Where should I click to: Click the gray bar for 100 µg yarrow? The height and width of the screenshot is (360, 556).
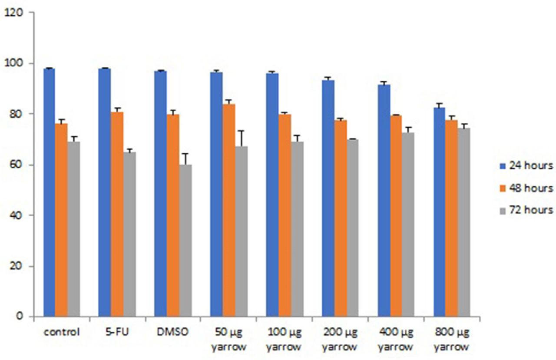[x=297, y=228]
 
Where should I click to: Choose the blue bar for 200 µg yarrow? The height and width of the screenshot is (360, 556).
[x=328, y=198]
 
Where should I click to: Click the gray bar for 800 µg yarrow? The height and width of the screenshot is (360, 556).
[x=464, y=222]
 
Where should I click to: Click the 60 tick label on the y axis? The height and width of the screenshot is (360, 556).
[x=17, y=165]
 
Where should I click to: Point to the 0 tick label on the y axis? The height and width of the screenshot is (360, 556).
[x=20, y=317]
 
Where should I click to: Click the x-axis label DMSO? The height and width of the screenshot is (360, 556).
[x=173, y=333]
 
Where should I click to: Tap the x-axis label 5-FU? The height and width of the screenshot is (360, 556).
[x=117, y=333]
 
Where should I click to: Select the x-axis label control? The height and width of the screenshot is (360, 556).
[x=61, y=333]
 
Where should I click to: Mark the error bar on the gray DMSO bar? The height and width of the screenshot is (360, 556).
[x=185, y=159]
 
